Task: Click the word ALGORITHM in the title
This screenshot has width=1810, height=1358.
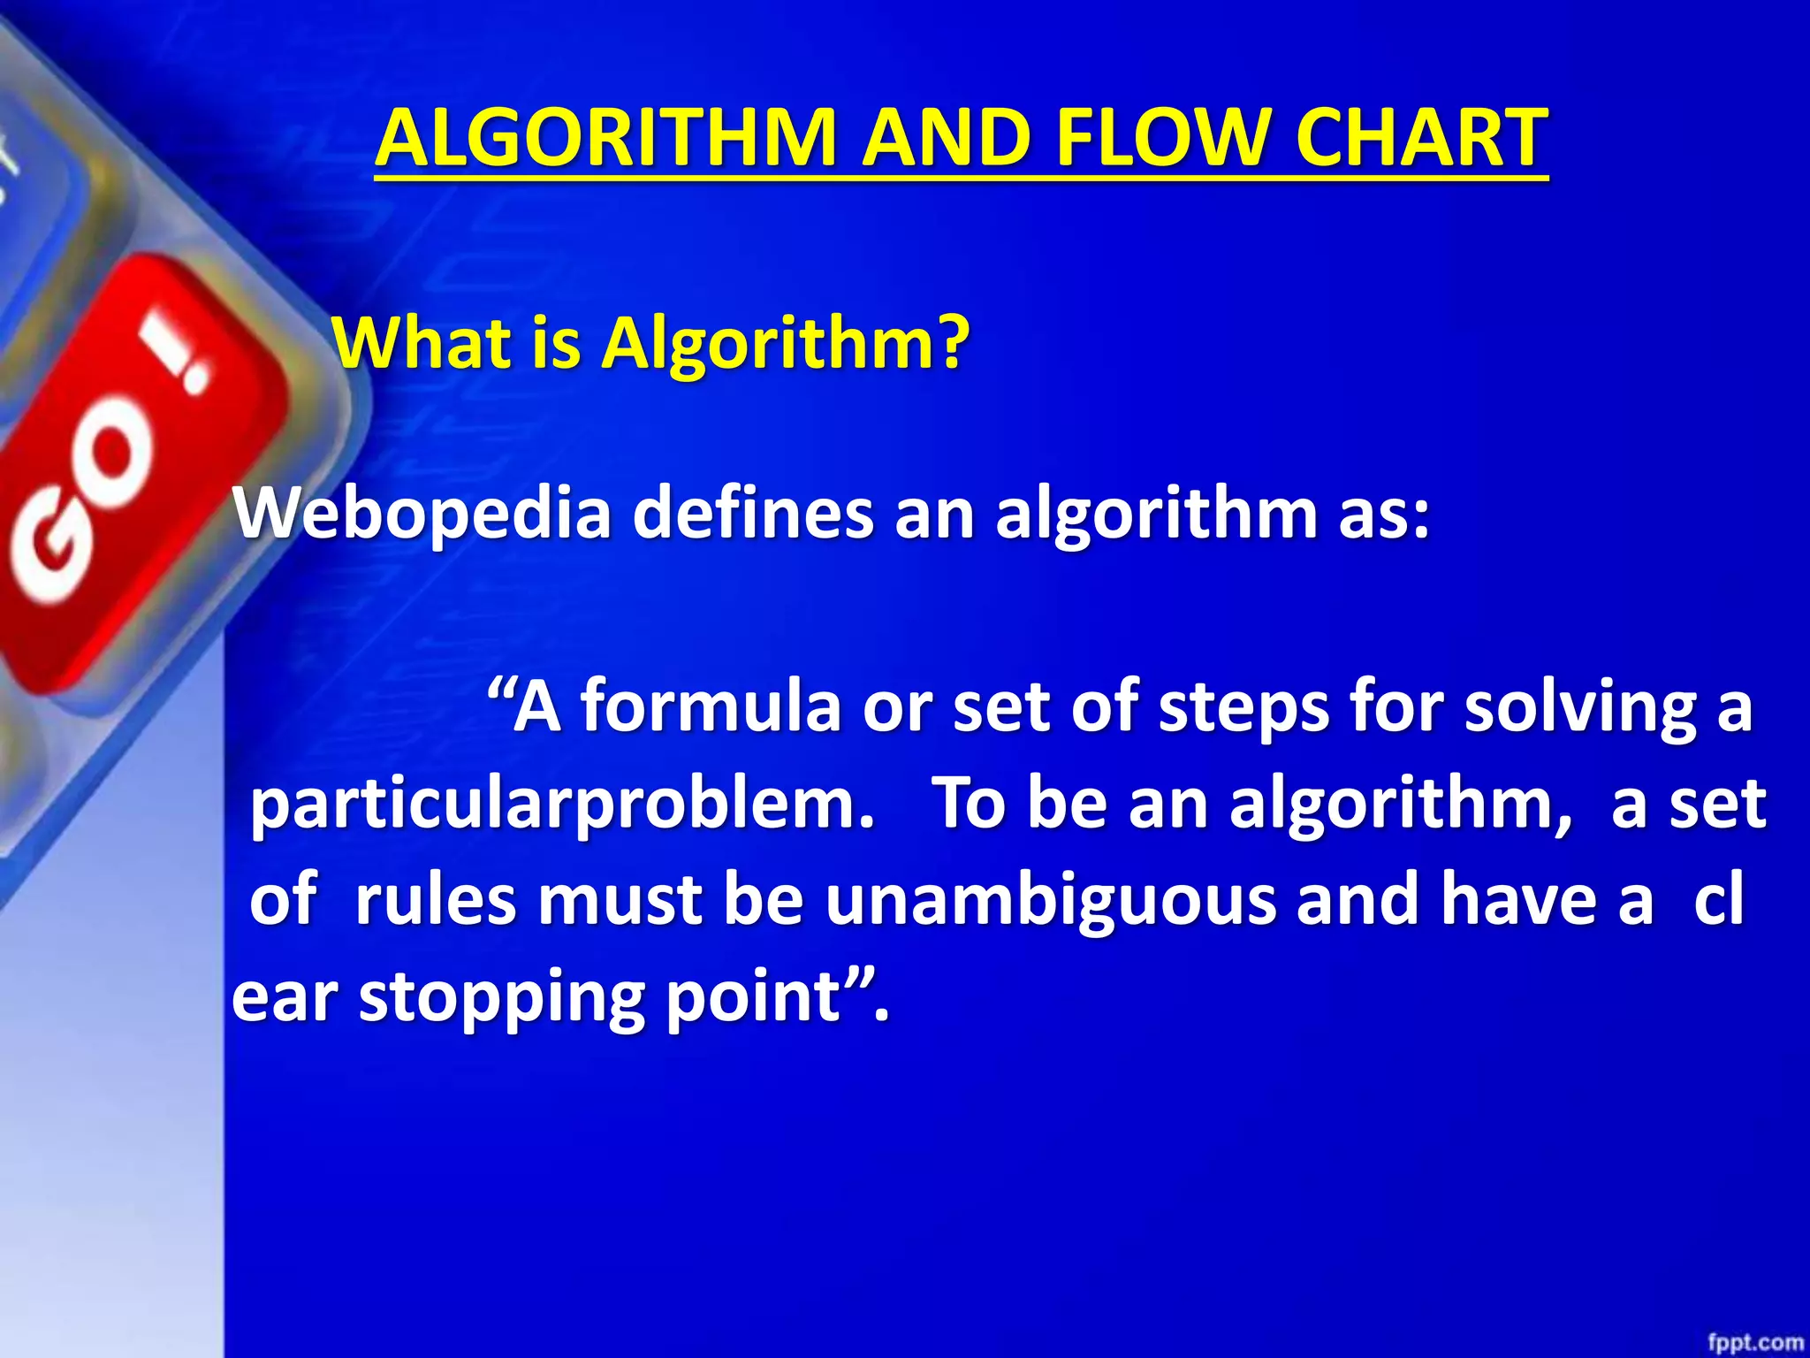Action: click(606, 138)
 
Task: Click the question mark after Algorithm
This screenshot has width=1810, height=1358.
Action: click(951, 343)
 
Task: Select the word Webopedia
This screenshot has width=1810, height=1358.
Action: click(422, 515)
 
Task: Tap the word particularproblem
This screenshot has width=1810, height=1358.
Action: click(560, 806)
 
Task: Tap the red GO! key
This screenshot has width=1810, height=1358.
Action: click(133, 469)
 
